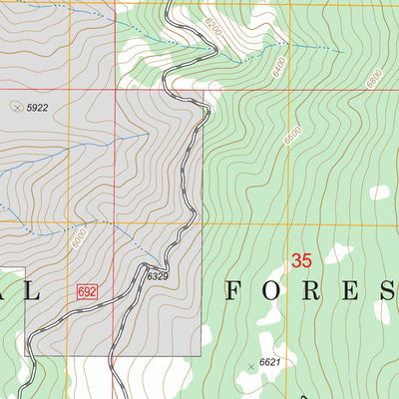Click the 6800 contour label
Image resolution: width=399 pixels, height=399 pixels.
[x=375, y=79]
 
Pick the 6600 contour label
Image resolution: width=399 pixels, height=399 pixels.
[x=290, y=137]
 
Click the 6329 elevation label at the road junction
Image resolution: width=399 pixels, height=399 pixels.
[x=160, y=275]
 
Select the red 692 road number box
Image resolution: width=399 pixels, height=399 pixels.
[x=87, y=291]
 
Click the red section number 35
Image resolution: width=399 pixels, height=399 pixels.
[x=301, y=261]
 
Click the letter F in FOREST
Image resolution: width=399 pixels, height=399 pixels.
[x=234, y=291]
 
